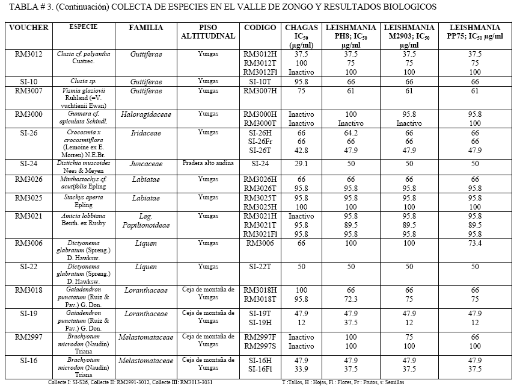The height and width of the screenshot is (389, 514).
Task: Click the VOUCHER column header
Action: (29, 28)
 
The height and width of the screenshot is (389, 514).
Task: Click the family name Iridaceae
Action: (146, 132)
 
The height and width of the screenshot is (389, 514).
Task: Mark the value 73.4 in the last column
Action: (475, 243)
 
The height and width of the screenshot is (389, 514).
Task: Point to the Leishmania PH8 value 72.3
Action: (350, 299)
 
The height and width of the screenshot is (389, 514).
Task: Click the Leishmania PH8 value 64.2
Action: (350, 132)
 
